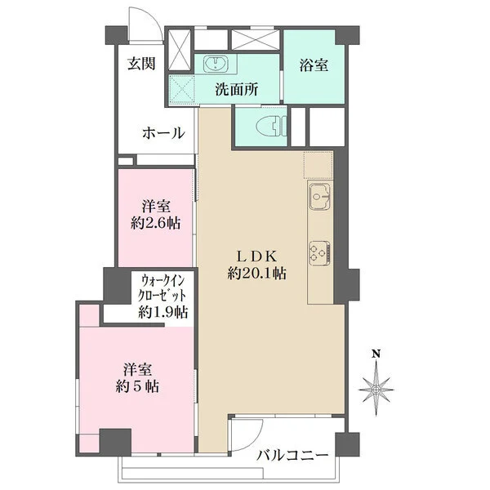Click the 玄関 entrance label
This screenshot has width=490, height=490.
tap(141, 64)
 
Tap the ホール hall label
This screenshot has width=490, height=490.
tap(163, 133)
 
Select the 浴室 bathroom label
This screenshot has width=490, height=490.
tap(314, 65)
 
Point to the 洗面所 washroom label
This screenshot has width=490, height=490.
tap(237, 90)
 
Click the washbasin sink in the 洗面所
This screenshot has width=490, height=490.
tap(216, 65)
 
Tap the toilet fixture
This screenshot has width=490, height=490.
tap(271, 127)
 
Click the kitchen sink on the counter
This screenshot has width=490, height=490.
tap(319, 197)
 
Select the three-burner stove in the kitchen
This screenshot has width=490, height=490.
tap(319, 252)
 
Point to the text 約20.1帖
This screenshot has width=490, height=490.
tap(256, 274)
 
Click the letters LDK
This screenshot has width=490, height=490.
tap(257, 257)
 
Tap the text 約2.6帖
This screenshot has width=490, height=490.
tap(155, 224)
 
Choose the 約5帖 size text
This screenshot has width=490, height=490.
tap(137, 387)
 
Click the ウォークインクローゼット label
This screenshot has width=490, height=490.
tap(164, 287)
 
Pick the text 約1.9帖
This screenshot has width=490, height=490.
tap(163, 312)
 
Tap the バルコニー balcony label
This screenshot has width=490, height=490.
tap(292, 456)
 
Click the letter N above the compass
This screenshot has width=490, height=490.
tap(376, 354)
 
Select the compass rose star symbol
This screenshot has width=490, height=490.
tap(376, 390)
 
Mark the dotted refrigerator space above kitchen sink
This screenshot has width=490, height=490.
tap(318, 166)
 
